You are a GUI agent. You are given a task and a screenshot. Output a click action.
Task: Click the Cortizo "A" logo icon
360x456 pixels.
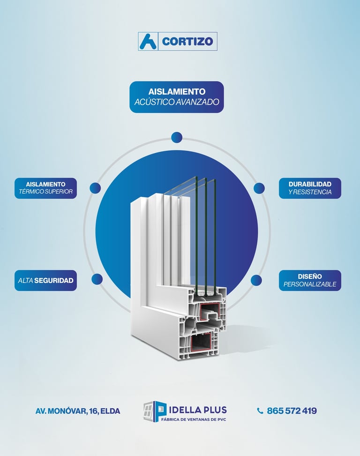[x=148, y=41]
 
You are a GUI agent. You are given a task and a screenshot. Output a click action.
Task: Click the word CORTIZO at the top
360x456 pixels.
[x=187, y=42]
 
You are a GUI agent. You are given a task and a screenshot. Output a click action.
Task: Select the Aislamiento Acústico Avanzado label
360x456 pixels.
[x=177, y=97]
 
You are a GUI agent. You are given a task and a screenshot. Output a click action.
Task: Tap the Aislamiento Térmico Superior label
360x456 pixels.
[x=45, y=188]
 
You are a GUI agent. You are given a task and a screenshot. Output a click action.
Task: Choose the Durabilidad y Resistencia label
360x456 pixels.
[x=310, y=188]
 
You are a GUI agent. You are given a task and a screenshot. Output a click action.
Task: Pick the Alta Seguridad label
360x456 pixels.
[x=45, y=280]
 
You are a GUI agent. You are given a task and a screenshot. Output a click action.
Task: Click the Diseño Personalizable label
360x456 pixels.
[x=310, y=280]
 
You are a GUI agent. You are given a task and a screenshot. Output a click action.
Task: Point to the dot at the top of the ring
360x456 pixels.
[x=177, y=137]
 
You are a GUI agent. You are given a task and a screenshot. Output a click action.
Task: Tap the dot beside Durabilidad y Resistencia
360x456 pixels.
[x=259, y=188]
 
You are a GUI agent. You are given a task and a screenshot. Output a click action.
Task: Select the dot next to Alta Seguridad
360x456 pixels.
[x=97, y=279]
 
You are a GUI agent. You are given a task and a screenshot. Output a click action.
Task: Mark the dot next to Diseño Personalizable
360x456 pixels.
[x=256, y=280]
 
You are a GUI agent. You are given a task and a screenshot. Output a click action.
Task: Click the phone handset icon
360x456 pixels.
[x=260, y=411]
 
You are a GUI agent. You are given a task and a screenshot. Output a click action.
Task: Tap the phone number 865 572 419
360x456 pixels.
[x=292, y=411]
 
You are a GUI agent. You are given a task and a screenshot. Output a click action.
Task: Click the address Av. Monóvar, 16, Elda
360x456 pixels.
[x=78, y=411]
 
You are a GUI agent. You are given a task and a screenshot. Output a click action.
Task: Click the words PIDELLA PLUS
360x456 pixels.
[x=197, y=409]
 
